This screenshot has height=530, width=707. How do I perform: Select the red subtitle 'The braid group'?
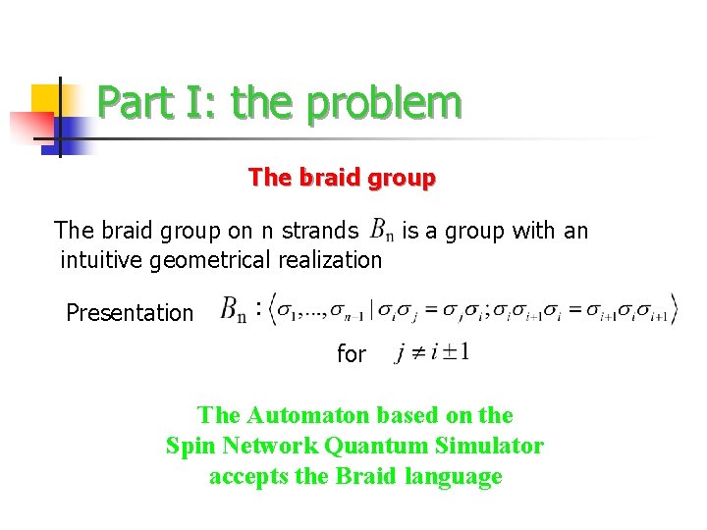[342, 178]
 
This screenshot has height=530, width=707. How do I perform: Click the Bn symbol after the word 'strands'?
[381, 232]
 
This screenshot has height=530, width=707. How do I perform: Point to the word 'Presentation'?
[130, 313]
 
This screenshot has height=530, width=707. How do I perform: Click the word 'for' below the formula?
[351, 354]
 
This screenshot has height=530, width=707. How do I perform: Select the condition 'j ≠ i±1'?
[431, 352]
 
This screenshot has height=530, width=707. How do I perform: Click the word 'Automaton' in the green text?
[312, 415]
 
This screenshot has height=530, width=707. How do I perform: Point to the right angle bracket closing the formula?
[674, 307]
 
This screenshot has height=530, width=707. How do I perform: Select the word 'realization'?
[333, 260]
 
